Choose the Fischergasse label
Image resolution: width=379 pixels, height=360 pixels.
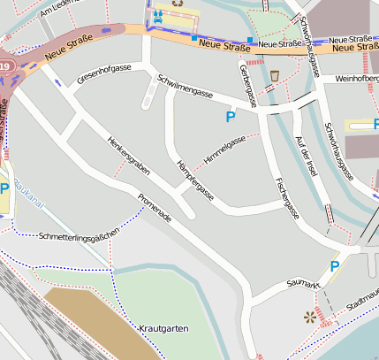pos(286,198)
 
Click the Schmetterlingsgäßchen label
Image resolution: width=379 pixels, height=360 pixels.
pos(79,235)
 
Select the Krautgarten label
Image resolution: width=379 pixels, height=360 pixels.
pos(163,328)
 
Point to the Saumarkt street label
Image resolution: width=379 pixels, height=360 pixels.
pos(303,284)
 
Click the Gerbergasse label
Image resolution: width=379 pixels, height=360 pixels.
pos(247,85)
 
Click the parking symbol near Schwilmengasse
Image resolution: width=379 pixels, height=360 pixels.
pos(231,116)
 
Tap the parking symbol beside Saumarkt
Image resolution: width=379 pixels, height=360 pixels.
pos(334,265)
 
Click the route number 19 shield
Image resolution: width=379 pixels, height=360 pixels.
pos(4,65)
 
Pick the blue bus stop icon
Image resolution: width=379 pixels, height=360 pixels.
pos(157,15)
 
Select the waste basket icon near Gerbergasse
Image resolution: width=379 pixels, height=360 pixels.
pos(275,75)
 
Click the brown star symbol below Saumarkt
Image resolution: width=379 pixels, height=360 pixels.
pos(309,316)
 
